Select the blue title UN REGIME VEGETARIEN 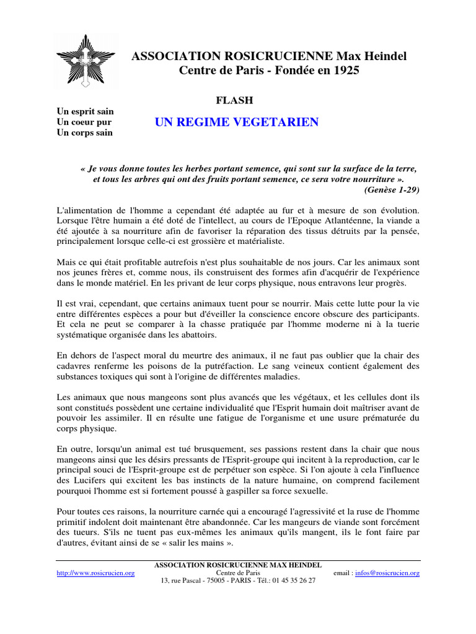[x=237, y=122]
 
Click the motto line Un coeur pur [x=84, y=122]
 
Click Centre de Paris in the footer [x=238, y=573]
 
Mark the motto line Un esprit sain [x=86, y=111]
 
